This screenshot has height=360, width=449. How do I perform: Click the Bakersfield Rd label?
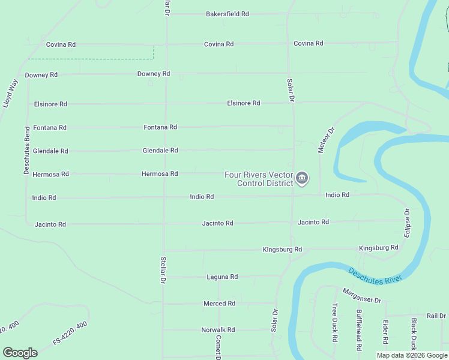[227, 14]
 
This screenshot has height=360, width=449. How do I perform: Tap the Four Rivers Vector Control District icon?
[302, 178]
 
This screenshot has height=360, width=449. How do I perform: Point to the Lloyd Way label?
[10, 94]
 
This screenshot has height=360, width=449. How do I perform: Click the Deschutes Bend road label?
[27, 151]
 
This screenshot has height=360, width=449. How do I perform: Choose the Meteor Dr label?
[325, 139]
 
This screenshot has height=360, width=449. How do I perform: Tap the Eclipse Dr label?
[406, 223]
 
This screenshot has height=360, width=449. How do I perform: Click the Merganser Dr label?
[362, 295]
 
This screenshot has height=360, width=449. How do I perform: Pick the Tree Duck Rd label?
[335, 322]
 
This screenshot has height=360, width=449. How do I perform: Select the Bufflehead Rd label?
[359, 329]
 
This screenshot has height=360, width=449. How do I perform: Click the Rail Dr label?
[436, 316]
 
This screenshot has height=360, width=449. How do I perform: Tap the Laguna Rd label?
[222, 277]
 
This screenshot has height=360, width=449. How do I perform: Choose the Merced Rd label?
[219, 304]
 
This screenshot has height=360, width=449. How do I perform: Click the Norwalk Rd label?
[218, 330]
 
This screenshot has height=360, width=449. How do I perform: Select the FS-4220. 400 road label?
[70, 333]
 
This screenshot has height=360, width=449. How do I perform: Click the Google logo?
[20, 353]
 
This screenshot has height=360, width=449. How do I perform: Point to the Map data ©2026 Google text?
[411, 355]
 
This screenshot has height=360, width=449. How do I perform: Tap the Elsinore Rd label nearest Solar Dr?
[243, 103]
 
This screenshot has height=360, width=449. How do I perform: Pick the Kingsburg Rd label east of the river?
[378, 248]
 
